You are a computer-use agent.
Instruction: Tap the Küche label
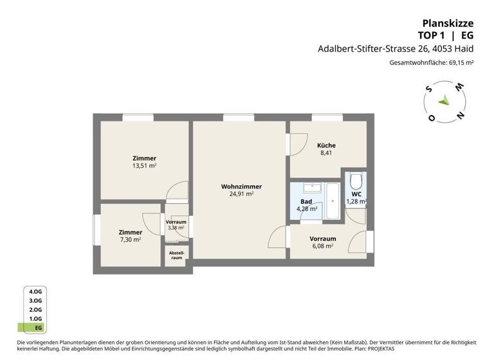326,145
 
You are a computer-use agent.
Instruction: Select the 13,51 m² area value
144,165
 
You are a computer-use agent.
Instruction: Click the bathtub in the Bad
333,201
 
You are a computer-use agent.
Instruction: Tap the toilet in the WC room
356,181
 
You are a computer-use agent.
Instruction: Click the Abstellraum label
176,256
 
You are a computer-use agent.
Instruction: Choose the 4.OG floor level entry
35,291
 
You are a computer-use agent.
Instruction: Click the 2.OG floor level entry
35,309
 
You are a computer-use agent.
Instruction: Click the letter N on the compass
459,116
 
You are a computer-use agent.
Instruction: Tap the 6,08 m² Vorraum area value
322,246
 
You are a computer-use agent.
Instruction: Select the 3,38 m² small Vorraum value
176,228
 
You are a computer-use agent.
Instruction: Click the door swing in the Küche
297,145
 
